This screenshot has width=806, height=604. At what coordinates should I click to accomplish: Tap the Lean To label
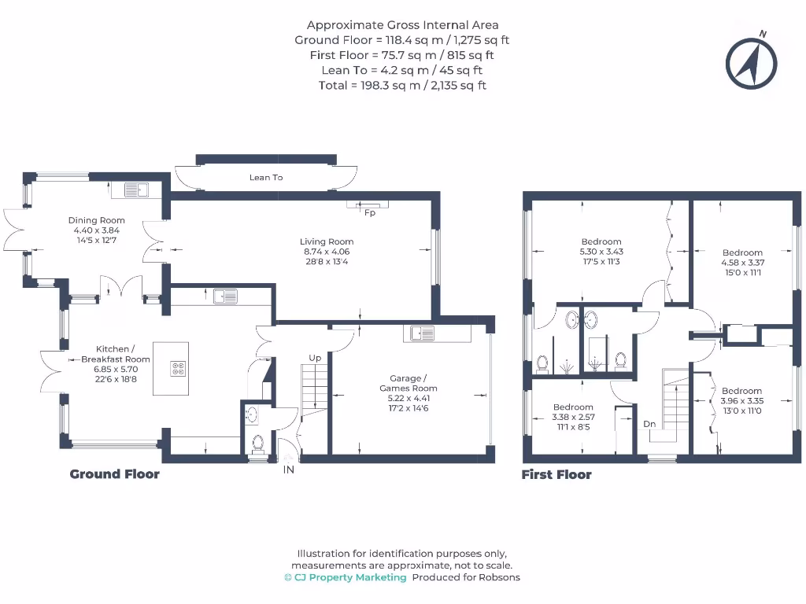266,177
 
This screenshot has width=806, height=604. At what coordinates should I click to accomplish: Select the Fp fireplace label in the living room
370,212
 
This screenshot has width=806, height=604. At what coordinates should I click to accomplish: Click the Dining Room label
97,220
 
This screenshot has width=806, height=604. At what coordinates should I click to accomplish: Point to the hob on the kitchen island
179,368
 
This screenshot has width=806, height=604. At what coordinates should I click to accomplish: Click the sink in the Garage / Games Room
422,333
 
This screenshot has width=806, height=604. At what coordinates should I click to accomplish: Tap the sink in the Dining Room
137,190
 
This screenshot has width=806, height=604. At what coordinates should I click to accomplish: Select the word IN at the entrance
289,470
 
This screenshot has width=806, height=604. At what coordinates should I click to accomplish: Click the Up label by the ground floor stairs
315,358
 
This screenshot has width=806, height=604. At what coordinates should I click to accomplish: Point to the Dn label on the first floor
649,424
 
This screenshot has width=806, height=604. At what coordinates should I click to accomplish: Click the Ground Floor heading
115,474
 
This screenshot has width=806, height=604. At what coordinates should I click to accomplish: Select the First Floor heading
556,474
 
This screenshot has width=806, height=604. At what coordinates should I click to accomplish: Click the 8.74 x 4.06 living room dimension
327,252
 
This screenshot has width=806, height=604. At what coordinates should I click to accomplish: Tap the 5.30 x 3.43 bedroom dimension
601,252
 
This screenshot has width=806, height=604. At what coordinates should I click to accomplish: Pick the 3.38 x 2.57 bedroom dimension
573,417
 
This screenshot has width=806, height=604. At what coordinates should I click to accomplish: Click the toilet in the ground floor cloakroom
257,443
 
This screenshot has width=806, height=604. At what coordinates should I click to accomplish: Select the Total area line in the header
402,85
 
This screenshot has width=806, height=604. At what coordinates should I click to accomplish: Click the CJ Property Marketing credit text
346,577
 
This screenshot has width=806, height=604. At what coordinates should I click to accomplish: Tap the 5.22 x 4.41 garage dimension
409,398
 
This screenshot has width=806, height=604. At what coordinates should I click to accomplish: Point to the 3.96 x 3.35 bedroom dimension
741,400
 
